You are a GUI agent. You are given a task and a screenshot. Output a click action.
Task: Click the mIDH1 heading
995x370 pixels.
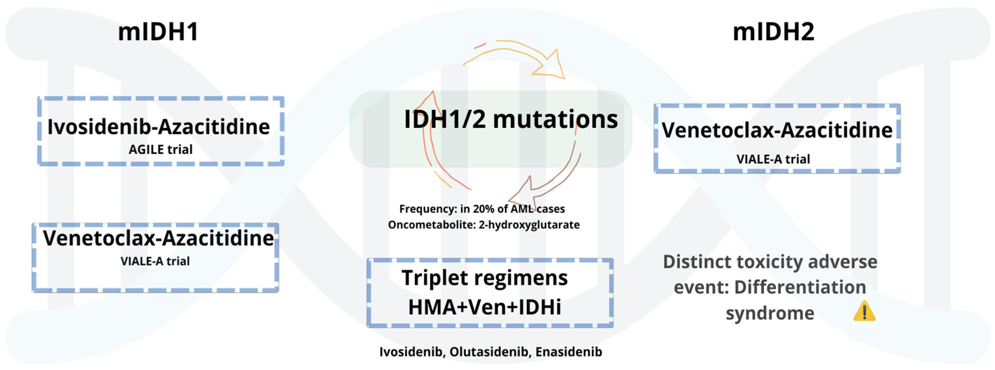pyautogui.click(x=158, y=32)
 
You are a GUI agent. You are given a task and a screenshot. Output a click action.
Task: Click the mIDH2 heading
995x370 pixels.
pyautogui.click(x=773, y=32)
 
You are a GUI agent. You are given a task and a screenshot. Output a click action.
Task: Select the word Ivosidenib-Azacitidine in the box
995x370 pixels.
pyautogui.click(x=158, y=127)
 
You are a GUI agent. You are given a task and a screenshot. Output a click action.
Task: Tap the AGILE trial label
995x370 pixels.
pyautogui.click(x=160, y=149)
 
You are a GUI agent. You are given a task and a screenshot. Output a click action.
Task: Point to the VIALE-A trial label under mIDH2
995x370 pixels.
pyautogui.click(x=773, y=159)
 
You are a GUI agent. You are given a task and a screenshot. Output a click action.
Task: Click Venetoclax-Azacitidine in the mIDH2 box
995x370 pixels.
pyautogui.click(x=777, y=130)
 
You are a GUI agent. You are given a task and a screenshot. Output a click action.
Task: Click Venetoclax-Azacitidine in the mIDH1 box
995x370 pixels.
pyautogui.click(x=158, y=238)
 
